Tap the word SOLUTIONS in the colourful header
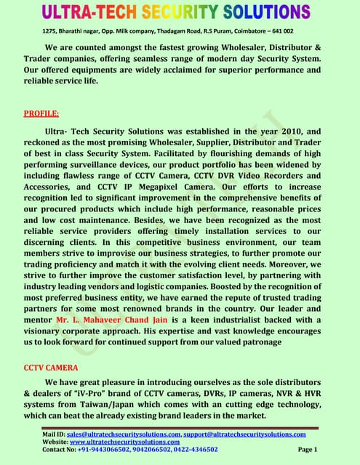click(260, 12)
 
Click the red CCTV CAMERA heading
click(52, 368)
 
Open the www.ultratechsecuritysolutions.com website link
click(124, 442)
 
